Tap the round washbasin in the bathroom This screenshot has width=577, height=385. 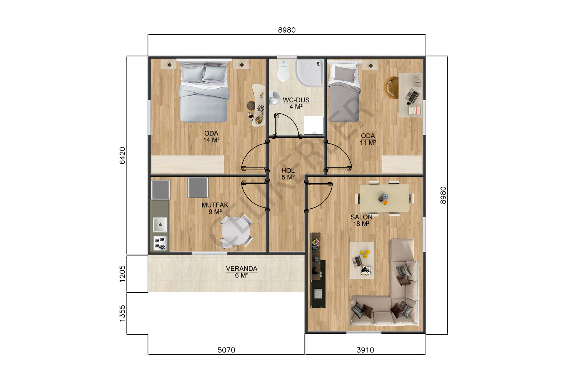click(275, 98)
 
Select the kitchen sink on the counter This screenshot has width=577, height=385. click(160, 224)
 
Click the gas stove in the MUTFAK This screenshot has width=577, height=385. click(160, 243)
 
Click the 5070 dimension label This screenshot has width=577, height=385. click(226, 350)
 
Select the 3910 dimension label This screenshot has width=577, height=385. click(365, 350)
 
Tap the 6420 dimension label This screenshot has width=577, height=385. click(122, 156)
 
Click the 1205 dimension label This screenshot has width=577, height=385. click(122, 274)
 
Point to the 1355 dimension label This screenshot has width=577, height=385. click(122, 313)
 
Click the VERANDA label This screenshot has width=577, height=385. click(242, 268)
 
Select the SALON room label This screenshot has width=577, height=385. click(362, 217)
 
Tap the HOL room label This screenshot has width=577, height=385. click(288, 171)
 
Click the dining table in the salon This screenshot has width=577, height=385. click(384, 198)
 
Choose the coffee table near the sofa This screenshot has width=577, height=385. click(362, 260)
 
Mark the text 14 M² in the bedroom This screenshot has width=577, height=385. click(211, 140)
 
